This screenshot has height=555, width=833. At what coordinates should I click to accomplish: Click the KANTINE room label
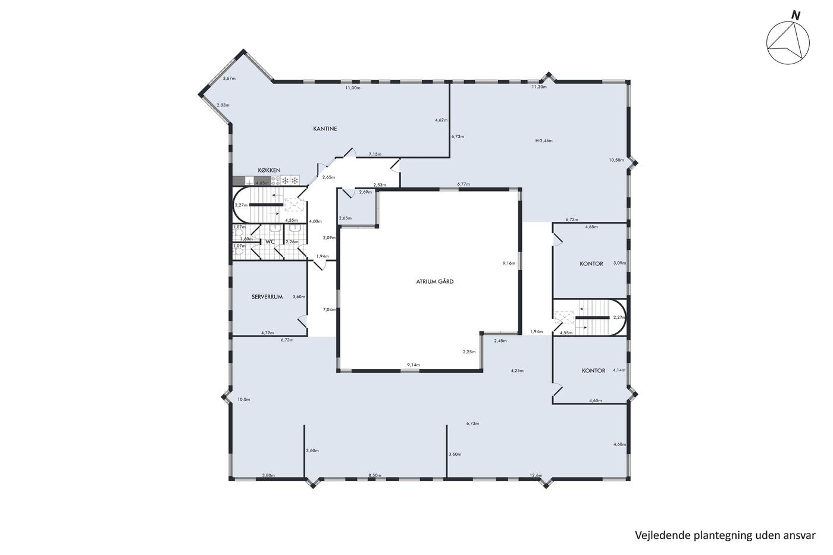tap(325, 128)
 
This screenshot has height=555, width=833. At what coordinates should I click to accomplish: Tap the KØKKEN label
tap(269, 170)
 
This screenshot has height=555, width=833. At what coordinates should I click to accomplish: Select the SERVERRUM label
tap(267, 297)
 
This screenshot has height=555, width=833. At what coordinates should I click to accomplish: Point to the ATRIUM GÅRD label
tap(435, 281)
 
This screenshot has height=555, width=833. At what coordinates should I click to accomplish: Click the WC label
tap(270, 242)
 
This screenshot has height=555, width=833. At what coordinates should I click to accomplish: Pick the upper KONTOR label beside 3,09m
tap(591, 264)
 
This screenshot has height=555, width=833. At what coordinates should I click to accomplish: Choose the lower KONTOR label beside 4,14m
tap(594, 371)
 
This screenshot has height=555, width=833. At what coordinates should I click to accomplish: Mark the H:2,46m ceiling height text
tap(544, 141)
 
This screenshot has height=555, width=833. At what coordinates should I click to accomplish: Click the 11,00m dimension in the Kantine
tap(352, 88)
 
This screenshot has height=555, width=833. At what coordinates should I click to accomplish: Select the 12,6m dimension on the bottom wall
tap(536, 475)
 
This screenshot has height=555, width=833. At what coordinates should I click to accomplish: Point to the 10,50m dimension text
tap(616, 160)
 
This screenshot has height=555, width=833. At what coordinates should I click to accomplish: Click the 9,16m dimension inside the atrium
tap(509, 263)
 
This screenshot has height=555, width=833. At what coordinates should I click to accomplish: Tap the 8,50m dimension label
tap(374, 475)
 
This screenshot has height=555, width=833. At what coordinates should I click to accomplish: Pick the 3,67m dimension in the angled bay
tap(229, 79)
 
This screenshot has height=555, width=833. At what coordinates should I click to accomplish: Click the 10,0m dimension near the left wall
tap(243, 400)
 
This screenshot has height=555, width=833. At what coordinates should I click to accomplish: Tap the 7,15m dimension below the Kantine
tap(375, 154)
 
